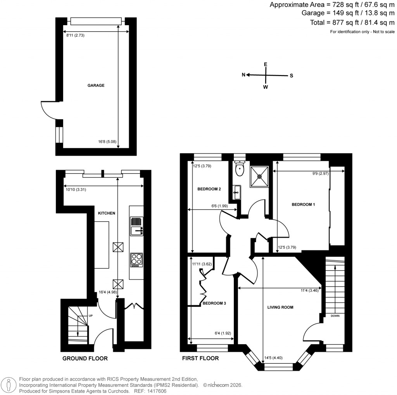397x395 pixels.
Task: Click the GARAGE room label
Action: click(x=96, y=85)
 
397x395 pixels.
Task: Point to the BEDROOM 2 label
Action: click(x=209, y=189)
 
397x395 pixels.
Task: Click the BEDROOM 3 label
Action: click(x=214, y=303)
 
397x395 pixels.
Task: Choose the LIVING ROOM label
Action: click(x=280, y=307)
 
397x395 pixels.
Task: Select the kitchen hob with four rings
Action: click(x=136, y=260)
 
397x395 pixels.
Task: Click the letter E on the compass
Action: click(x=266, y=64)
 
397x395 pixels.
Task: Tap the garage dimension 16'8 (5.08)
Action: click(x=106, y=142)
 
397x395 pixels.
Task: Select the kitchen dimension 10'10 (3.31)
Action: click(x=75, y=189)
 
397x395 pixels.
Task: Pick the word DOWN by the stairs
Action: click(x=335, y=315)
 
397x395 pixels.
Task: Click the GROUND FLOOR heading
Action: click(x=85, y=359)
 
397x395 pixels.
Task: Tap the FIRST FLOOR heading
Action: click(x=200, y=359)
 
